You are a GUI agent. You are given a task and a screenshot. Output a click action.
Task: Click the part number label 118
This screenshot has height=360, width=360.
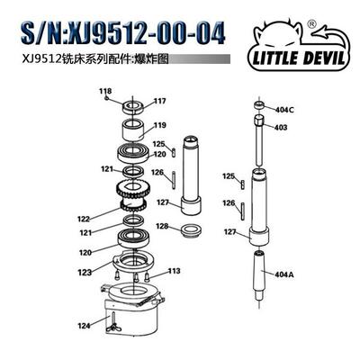click(106, 92)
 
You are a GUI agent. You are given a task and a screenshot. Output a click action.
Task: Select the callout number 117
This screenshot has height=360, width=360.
click(159, 100)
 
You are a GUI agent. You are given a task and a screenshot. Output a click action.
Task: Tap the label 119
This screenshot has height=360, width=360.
click(159, 125)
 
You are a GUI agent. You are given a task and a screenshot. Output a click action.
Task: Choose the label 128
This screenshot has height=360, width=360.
click(163, 226)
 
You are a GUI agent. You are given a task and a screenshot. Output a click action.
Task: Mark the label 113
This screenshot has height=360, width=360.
click(174, 271)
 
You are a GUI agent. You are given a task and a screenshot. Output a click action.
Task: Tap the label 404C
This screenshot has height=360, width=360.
click(285, 110)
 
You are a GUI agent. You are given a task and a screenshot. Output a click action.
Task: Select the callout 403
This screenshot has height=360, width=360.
click(281, 128)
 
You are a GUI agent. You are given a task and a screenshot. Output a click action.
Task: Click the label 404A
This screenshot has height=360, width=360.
click(285, 272)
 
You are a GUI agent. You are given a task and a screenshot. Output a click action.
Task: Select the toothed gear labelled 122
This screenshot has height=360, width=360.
click(135, 191)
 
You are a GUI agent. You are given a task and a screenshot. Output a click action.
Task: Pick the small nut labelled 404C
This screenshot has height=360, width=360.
click(259, 106)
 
